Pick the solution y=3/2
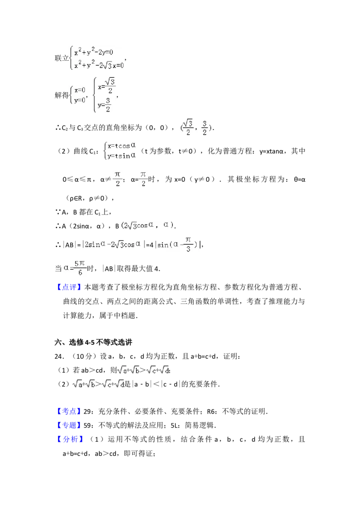(104, 106)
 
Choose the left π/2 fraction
(118, 180)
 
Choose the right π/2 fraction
(144, 180)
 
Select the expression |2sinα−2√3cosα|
(113, 245)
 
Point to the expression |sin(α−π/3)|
(176, 245)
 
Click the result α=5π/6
(75, 268)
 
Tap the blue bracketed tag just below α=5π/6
(70, 286)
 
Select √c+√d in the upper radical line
(157, 371)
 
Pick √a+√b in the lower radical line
(85, 384)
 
